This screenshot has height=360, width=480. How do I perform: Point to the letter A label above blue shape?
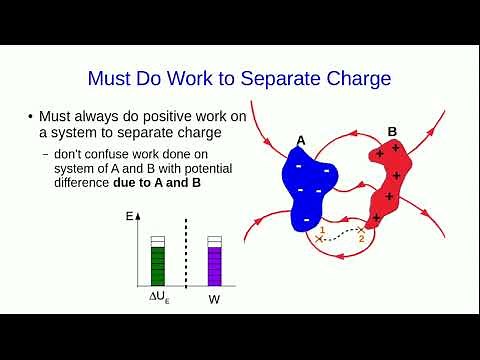point(301,140)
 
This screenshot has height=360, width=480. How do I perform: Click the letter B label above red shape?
point(392,131)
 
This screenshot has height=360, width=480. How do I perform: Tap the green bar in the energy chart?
point(157,265)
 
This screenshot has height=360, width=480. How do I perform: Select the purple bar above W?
point(214,265)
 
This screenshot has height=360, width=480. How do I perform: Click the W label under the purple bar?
point(214,299)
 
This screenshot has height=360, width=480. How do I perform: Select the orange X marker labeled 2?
point(360,231)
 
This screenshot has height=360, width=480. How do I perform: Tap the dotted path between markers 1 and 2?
point(340,237)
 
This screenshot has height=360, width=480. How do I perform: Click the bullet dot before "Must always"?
point(30,117)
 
